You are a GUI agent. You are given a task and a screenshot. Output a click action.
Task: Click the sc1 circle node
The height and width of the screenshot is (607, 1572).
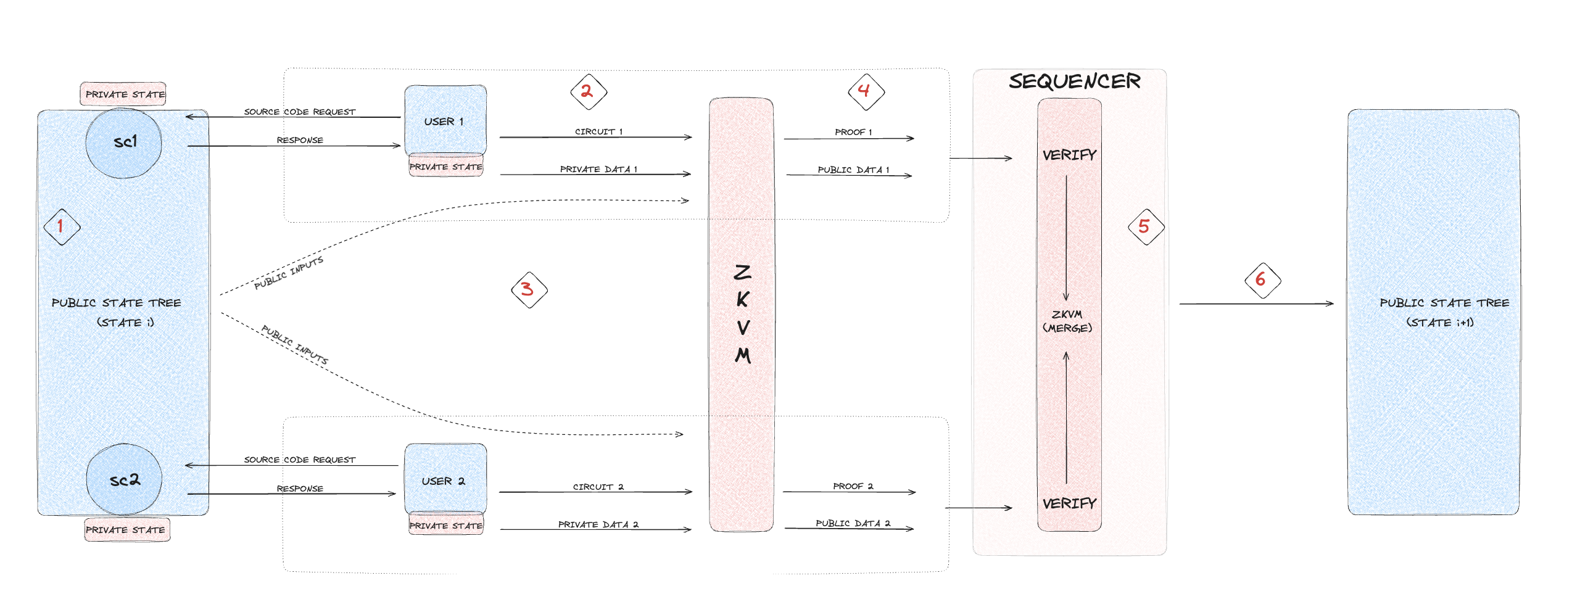pos(124,142)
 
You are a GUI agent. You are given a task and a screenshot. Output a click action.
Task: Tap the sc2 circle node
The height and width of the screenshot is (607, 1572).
pos(124,480)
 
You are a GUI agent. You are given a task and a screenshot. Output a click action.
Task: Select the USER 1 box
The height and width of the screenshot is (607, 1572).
pos(445,120)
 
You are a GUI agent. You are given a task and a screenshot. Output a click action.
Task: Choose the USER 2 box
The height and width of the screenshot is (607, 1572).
pos(445,479)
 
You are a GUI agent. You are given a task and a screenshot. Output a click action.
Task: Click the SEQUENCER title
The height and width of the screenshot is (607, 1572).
pos(1074,81)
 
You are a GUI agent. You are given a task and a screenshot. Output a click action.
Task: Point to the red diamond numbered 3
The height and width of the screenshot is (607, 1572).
pos(529,289)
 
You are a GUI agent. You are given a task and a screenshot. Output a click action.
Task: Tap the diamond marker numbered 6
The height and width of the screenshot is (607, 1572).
pos(1262,280)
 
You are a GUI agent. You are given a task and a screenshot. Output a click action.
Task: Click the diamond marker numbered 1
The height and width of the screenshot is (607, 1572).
pos(62,226)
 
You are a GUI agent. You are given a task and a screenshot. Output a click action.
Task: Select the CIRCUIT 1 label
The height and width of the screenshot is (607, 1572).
pos(598,131)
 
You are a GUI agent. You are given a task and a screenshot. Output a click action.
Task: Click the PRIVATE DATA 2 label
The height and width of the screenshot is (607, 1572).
pos(598,524)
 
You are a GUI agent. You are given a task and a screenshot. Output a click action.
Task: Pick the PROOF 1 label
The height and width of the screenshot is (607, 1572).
pos(853,132)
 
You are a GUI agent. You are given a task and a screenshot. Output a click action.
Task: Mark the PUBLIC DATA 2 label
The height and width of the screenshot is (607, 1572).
pos(853,523)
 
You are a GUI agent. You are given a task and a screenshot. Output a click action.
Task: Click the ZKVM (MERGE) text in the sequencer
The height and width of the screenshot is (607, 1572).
pos(1067,321)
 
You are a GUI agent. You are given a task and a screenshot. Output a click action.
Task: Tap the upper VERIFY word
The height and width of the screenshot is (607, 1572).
pos(1069,155)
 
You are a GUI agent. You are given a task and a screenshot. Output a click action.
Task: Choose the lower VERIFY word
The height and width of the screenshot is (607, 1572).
pos(1069,503)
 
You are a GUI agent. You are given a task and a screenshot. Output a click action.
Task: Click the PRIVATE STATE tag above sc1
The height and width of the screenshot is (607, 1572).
pos(124,94)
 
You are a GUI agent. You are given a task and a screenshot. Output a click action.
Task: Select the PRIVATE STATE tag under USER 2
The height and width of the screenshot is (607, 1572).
pos(445,526)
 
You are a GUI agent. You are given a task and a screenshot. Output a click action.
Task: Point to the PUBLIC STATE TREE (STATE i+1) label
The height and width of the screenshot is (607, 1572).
pos(1444,312)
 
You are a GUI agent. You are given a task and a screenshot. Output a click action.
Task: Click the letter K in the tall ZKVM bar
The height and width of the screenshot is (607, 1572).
pos(742,300)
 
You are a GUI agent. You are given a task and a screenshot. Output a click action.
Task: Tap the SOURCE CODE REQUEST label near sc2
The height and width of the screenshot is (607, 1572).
pos(299,460)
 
